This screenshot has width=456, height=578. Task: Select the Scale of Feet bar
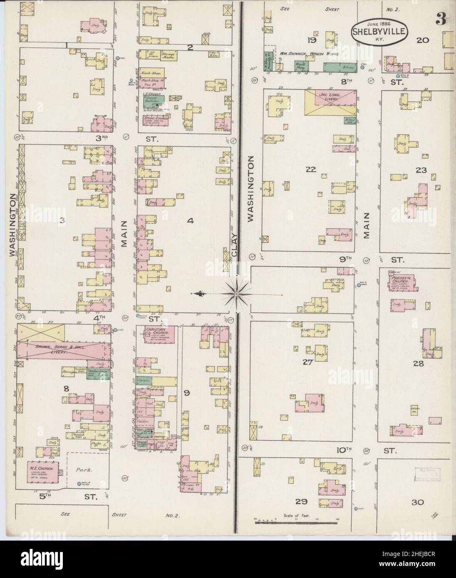(x=296, y=520)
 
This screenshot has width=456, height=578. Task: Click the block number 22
(x=311, y=169)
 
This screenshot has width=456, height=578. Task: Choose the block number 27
(x=307, y=362)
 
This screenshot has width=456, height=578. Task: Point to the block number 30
(x=418, y=502)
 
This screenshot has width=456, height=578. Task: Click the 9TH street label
(x=345, y=259)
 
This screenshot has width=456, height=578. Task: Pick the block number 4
(x=190, y=222)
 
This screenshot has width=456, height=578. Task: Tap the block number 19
(x=310, y=40)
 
